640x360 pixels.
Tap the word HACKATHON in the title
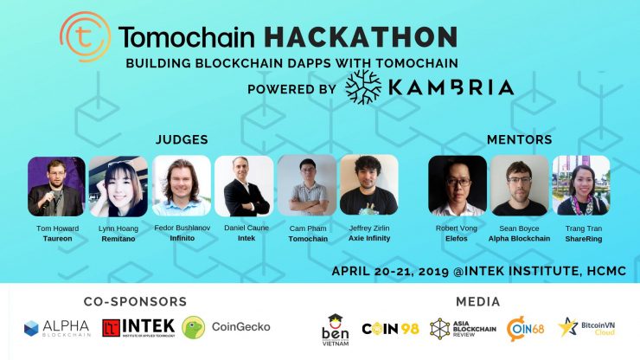(x=361, y=36)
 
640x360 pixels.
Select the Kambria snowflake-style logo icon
(x=363, y=87)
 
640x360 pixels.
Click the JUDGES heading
(x=182, y=139)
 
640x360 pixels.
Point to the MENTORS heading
(x=519, y=139)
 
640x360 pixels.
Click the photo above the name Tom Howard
(x=57, y=186)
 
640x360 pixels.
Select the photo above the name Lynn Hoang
(x=118, y=186)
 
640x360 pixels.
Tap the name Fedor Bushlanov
(x=182, y=228)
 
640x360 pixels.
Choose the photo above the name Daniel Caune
(x=244, y=186)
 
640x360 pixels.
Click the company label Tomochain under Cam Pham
(x=308, y=239)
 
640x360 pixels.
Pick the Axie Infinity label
(x=369, y=238)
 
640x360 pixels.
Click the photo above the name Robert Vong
(x=458, y=185)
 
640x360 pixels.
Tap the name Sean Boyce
(x=519, y=228)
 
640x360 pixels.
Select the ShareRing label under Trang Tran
(x=584, y=239)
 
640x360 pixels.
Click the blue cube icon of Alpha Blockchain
(x=31, y=328)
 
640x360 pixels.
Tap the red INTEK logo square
(x=111, y=328)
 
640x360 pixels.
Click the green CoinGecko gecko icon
(x=194, y=327)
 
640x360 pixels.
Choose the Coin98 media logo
(x=391, y=329)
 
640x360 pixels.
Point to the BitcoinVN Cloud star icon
(x=567, y=327)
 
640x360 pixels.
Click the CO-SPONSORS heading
(x=136, y=301)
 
